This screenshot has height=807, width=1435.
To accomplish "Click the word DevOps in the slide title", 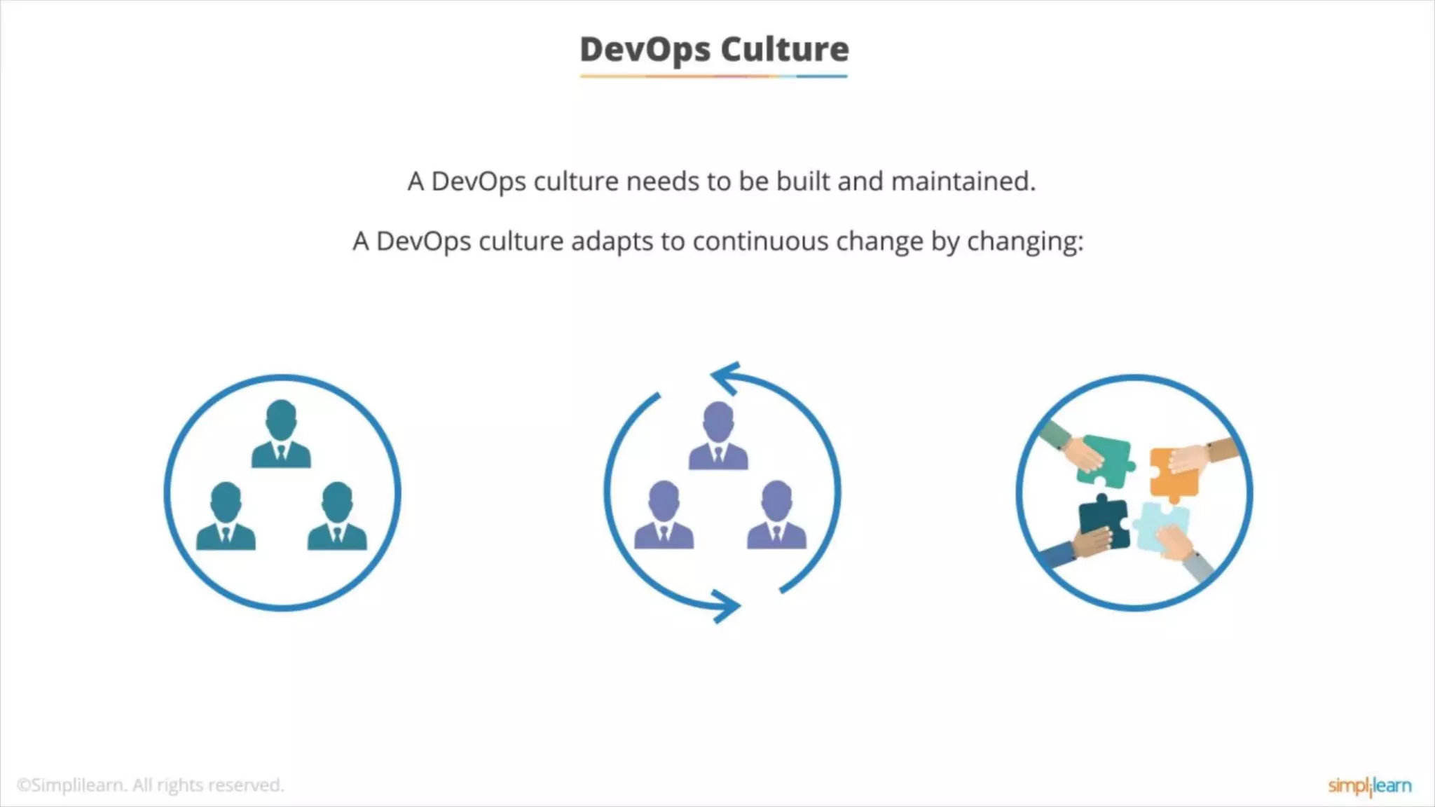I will tap(645, 50).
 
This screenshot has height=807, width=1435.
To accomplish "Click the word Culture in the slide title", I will tap(785, 50).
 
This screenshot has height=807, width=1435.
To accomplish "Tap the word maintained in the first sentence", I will tap(963, 181).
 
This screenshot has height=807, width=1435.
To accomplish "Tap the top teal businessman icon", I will tap(281, 434).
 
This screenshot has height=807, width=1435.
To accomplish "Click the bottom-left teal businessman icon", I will tap(226, 516).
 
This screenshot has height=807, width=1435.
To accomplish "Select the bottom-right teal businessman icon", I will tap(337, 516).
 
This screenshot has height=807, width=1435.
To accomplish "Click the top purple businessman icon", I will tap(718, 436).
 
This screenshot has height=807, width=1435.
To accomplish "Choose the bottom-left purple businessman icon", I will tap(664, 515).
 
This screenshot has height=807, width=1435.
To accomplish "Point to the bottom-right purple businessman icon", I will tap(776, 515).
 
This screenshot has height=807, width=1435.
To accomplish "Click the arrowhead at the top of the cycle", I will tap(726, 379).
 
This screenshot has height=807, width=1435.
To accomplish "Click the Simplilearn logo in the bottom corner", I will tap(1369, 786).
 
